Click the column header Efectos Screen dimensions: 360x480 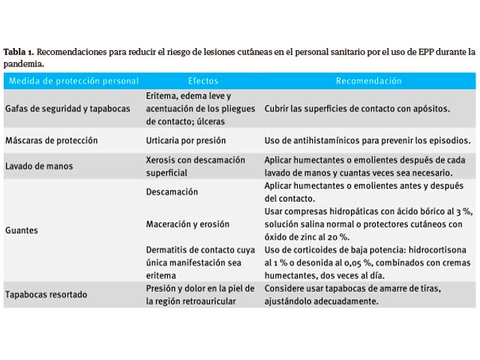click(x=203, y=80)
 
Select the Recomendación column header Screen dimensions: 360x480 click(x=368, y=80)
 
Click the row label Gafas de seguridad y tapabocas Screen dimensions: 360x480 click(x=67, y=109)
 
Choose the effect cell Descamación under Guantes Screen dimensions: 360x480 click(x=172, y=192)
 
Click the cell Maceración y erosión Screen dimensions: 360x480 click(x=187, y=224)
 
